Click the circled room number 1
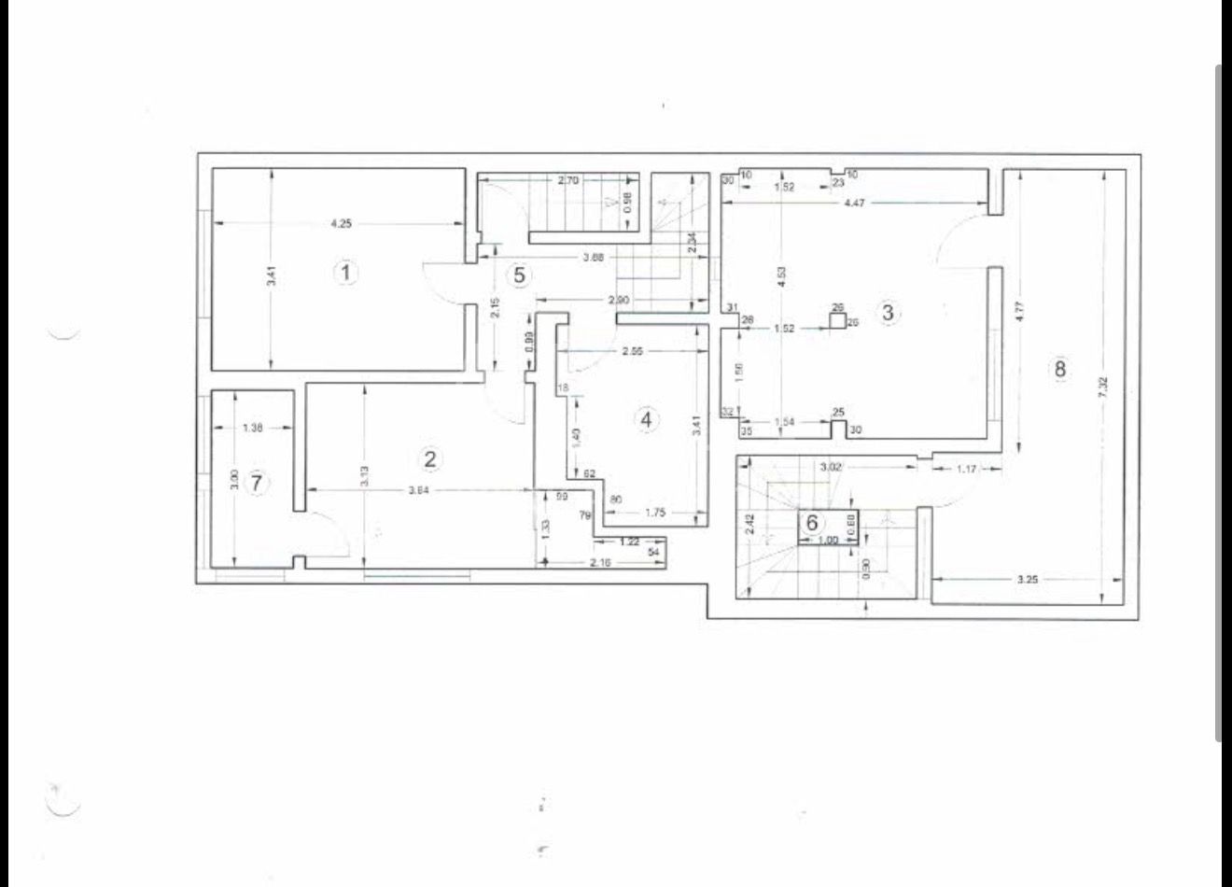(346, 274)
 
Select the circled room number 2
(429, 458)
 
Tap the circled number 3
(888, 313)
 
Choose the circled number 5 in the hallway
(520, 275)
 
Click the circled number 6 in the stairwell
(812, 524)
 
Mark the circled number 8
(1059, 369)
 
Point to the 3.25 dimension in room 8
(1027, 579)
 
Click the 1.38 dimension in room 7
(252, 428)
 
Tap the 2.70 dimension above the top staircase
(568, 181)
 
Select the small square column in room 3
(838, 321)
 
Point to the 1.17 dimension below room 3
(966, 469)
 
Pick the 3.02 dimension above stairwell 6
(833, 466)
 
